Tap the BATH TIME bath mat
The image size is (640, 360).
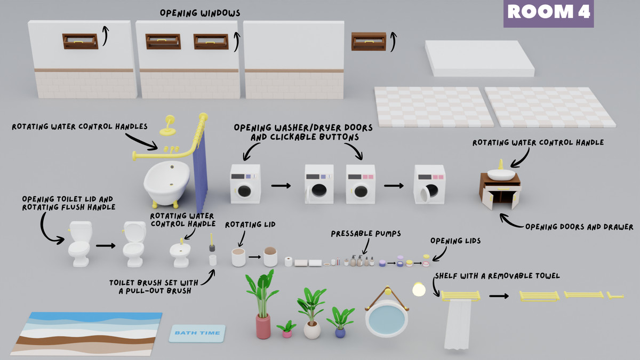197,333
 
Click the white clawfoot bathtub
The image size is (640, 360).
165,181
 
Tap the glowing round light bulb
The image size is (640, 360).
419,289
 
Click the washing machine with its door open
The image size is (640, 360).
429,185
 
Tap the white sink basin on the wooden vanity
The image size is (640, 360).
501,174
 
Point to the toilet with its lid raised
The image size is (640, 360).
133,246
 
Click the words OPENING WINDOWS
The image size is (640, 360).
199,12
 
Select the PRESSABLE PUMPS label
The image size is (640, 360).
365,234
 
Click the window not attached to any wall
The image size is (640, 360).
368,41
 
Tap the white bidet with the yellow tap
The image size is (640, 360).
180,255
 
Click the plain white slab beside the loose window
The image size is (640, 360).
479,58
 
